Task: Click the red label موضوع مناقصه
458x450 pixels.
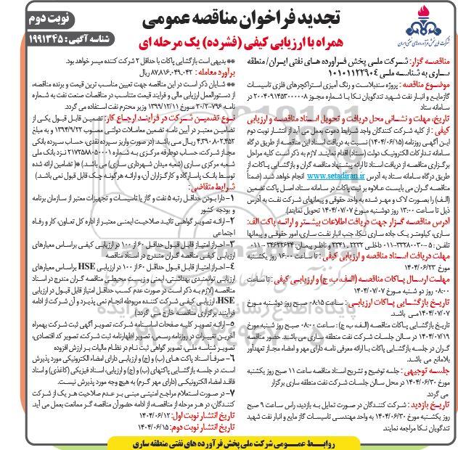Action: (430, 85)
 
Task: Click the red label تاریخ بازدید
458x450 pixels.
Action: (435, 398)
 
